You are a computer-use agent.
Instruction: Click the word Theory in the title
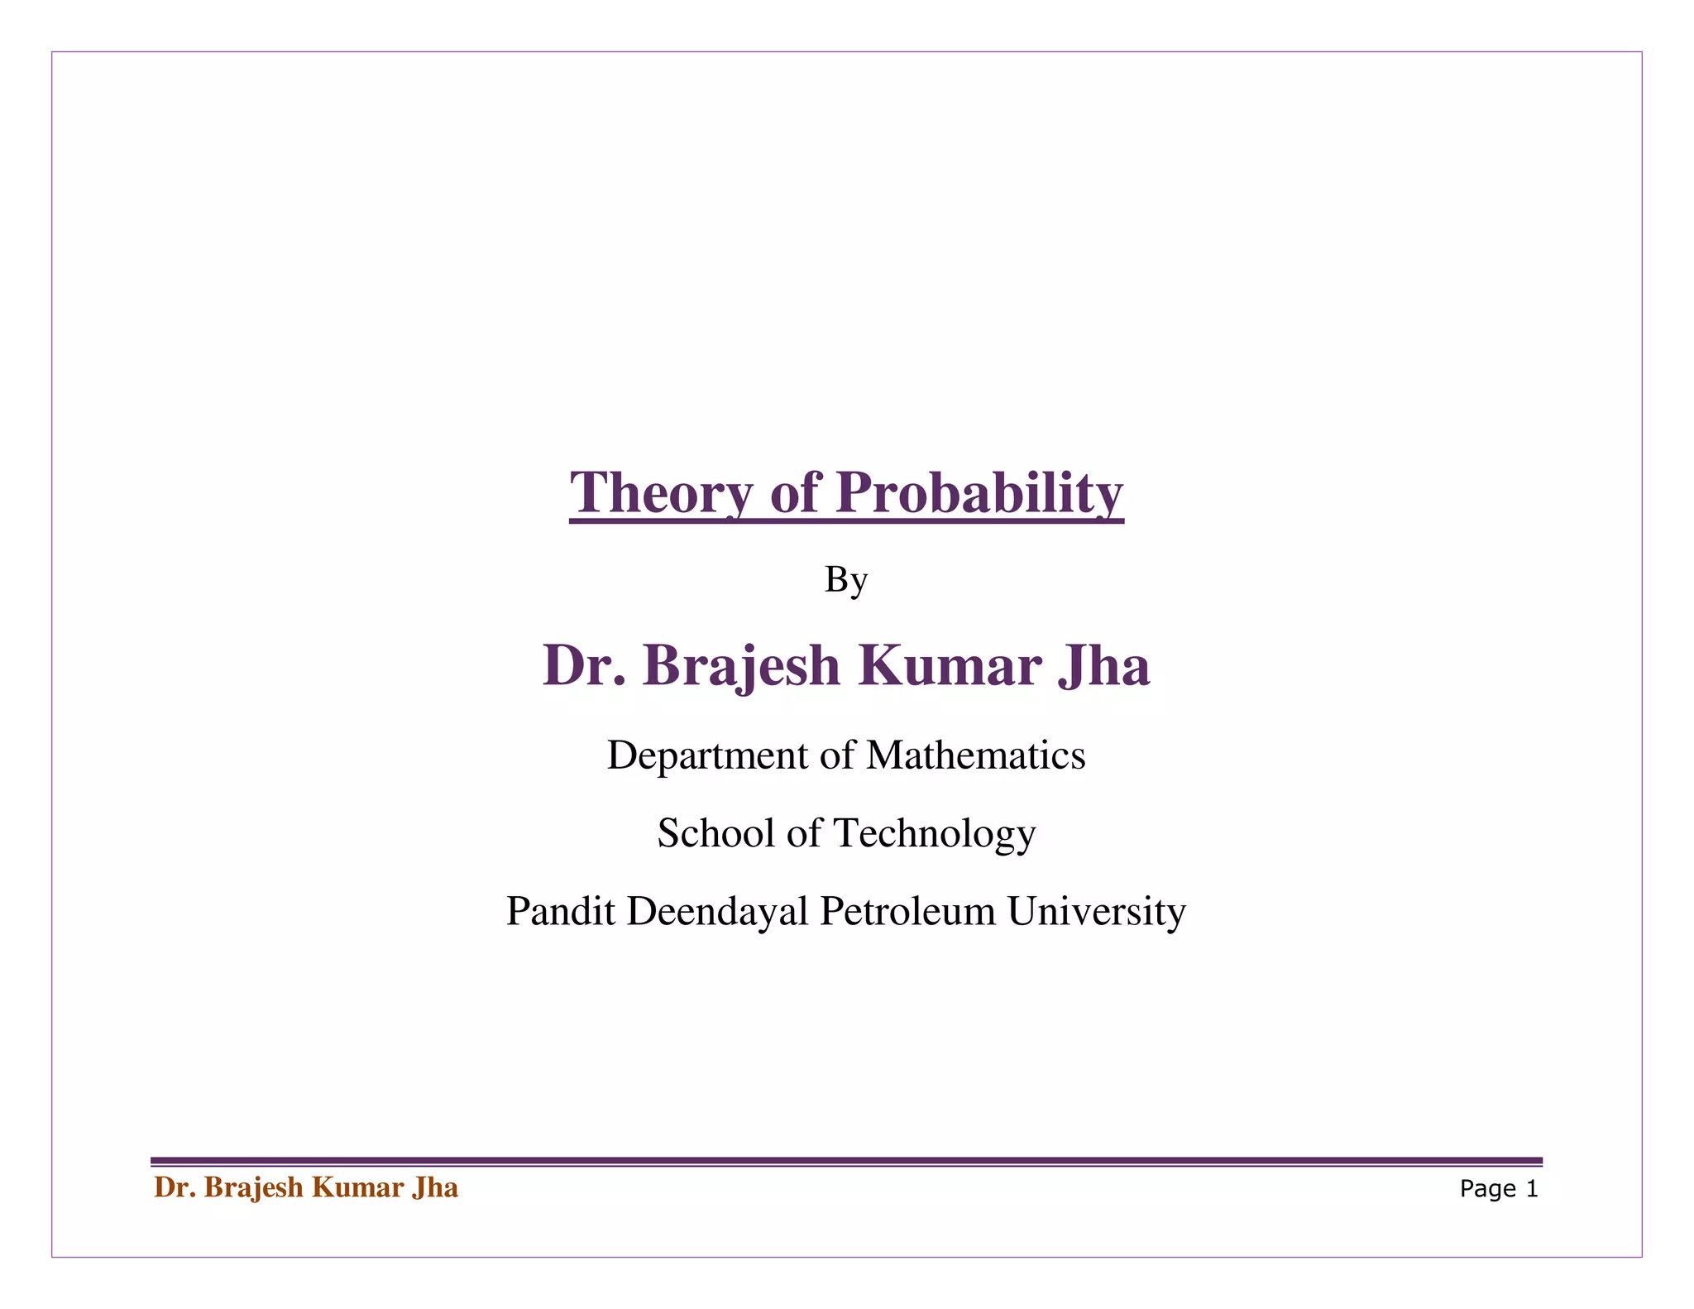(x=662, y=493)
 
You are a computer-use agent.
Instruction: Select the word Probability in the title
(x=979, y=493)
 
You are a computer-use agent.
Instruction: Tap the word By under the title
(x=845, y=581)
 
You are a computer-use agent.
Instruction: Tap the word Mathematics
(x=975, y=755)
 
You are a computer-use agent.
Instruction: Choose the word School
(x=716, y=833)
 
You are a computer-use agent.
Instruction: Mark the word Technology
(x=935, y=833)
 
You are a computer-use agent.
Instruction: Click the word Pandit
(x=561, y=911)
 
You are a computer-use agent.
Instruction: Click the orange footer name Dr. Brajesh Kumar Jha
(x=306, y=1188)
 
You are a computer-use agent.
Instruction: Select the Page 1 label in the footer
(x=1499, y=1189)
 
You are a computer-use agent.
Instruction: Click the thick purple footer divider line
(x=845, y=1161)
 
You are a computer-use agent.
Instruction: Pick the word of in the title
(x=794, y=493)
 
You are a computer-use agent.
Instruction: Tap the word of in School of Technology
(x=804, y=833)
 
